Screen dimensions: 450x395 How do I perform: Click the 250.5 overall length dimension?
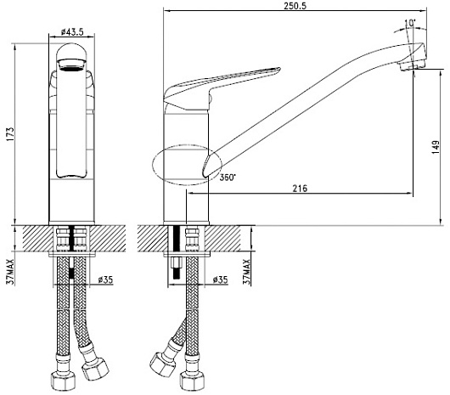click(295, 6)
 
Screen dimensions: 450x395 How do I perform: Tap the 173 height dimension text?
click(9, 133)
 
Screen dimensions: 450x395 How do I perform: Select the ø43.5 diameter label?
click(72, 32)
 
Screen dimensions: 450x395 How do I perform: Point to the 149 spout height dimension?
click(436, 147)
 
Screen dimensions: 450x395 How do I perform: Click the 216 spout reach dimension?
click(300, 189)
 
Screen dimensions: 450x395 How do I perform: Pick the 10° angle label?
click(410, 23)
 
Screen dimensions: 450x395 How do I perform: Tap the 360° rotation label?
click(228, 178)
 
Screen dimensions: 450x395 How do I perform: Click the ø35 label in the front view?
click(105, 279)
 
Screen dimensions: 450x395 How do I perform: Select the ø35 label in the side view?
click(220, 279)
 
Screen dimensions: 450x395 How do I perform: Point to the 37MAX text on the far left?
click(10, 271)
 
